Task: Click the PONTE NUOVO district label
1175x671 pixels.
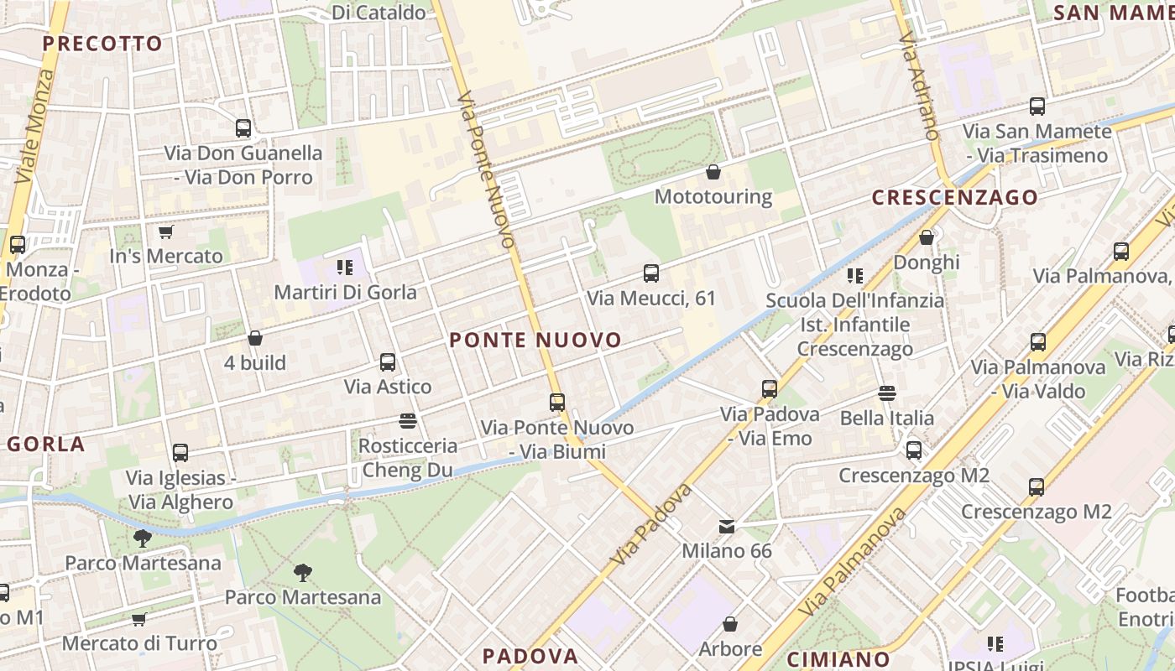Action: coord(535,340)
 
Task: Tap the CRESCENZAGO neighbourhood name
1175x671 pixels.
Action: coord(954,197)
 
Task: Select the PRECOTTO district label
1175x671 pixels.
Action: coord(102,44)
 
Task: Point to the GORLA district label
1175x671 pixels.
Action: coord(47,444)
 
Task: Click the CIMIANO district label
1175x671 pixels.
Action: coord(838,658)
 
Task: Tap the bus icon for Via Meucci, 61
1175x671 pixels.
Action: coord(651,273)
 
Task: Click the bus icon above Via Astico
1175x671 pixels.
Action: coord(388,362)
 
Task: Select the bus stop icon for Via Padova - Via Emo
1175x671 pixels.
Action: coord(770,389)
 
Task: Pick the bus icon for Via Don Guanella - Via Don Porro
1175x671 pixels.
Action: coord(243,128)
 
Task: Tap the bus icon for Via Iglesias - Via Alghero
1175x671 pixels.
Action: coord(180,453)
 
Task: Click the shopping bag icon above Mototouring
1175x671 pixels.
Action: coord(713,172)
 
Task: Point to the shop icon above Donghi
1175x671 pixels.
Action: coord(927,237)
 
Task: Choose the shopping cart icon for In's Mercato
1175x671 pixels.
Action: coord(165,231)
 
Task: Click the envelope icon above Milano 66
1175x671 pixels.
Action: coord(727,527)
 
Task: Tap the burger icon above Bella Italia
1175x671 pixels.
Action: coord(887,393)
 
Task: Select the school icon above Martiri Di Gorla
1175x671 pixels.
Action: coord(345,268)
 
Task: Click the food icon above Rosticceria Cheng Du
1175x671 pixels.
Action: coord(409,420)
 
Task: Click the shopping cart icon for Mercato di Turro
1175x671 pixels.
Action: coord(139,619)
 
